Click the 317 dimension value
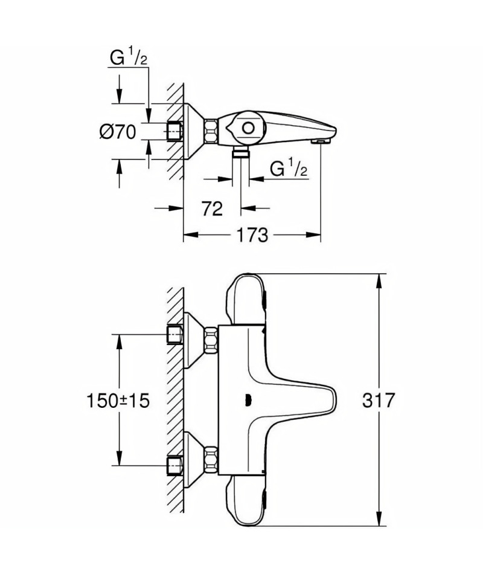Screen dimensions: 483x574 pyautogui.click(x=379, y=400)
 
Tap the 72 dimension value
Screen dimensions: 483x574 pyautogui.click(x=213, y=208)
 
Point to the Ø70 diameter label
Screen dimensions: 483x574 pyautogui.click(x=118, y=132)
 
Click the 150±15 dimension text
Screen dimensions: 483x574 pyautogui.click(x=118, y=401)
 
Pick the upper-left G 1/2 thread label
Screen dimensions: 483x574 pyautogui.click(x=129, y=57)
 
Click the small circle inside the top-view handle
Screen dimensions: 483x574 pyautogui.click(x=248, y=129)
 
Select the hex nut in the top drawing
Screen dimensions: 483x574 pyautogui.click(x=211, y=131)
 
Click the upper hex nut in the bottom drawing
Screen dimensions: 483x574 pyautogui.click(x=211, y=340)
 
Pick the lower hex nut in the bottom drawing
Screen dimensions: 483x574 pyautogui.click(x=211, y=459)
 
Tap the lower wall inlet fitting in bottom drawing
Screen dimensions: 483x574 pyautogui.click(x=174, y=465)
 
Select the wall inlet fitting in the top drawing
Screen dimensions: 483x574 pyautogui.click(x=174, y=131)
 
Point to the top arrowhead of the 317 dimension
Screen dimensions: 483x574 pyautogui.click(x=379, y=281)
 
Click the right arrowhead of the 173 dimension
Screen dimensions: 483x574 pyautogui.click(x=313, y=234)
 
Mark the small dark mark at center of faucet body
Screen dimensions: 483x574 pyautogui.click(x=248, y=401)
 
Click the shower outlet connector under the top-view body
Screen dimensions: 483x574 pyautogui.click(x=240, y=153)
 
